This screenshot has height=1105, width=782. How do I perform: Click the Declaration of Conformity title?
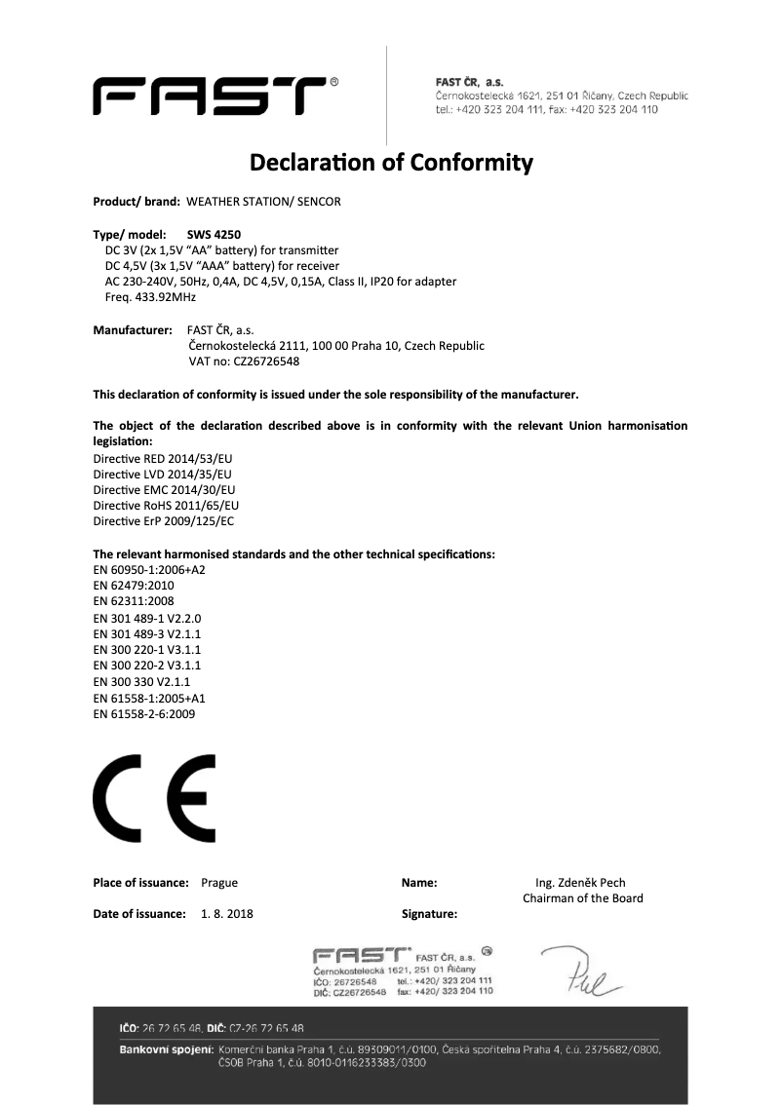pos(391,161)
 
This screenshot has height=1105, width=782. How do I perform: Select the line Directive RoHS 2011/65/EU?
pos(166,506)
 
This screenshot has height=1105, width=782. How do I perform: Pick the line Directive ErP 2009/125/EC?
pos(163,521)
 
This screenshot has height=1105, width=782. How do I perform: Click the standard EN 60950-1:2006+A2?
pos(149,570)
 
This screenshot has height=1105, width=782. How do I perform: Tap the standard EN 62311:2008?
pos(135,601)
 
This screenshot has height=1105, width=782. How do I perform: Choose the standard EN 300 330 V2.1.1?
pos(140,682)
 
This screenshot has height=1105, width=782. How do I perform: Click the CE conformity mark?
pos(154,798)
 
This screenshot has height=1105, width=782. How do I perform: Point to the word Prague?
pos(219,883)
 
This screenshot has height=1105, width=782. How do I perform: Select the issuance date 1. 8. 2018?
pos(227,914)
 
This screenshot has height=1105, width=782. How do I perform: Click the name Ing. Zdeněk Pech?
pos(581,883)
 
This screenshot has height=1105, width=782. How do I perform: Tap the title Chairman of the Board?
pos(583,898)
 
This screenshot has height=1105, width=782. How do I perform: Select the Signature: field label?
pos(429,914)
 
